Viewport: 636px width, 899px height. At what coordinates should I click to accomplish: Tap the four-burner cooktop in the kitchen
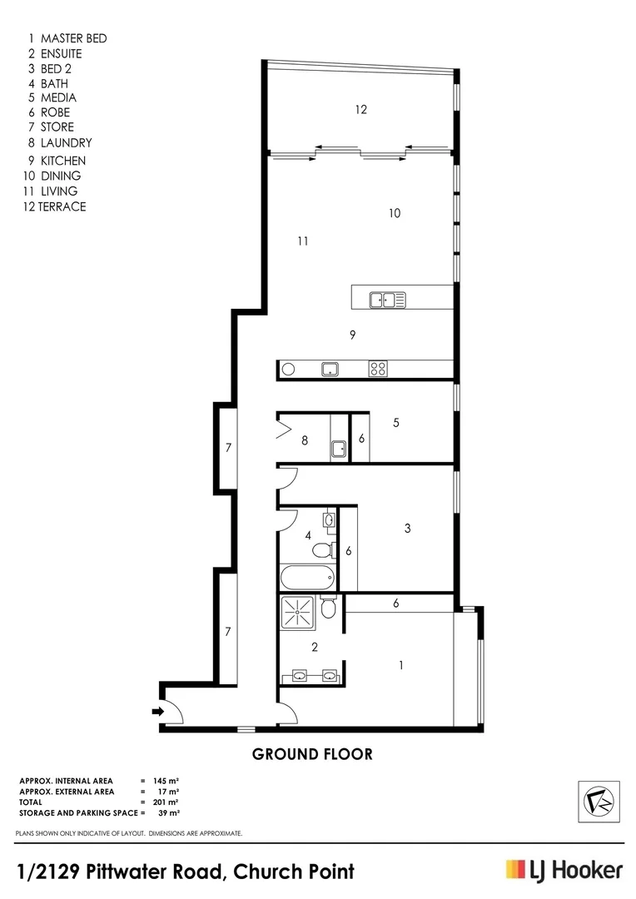377,369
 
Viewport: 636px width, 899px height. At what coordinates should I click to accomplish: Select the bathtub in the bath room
307,577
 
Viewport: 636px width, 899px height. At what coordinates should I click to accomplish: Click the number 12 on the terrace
360,109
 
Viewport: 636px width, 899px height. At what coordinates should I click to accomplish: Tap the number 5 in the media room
396,423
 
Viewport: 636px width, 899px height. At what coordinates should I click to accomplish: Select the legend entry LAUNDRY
66,142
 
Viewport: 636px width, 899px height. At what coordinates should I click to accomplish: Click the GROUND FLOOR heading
312,755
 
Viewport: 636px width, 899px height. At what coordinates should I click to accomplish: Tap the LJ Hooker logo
564,870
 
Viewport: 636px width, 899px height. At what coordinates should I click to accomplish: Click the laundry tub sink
340,449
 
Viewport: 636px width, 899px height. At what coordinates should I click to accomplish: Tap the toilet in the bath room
320,550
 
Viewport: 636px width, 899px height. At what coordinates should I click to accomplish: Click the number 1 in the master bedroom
401,665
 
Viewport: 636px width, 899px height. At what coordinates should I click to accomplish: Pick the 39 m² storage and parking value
169,812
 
